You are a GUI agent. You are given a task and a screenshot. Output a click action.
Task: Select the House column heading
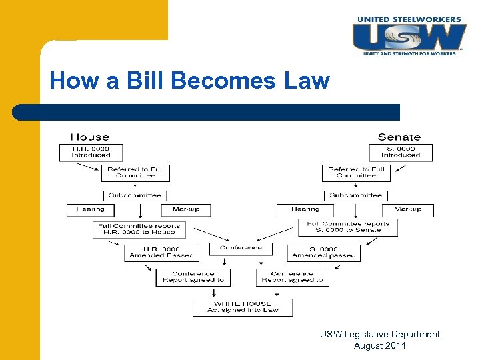coord(89,137)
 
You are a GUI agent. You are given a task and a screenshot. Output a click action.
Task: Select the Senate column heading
coord(399,137)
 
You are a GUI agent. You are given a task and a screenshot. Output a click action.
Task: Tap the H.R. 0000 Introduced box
coord(91,152)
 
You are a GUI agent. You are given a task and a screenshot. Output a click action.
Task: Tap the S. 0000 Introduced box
coord(401,152)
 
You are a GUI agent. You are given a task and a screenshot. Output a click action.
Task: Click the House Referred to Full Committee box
coord(135,173)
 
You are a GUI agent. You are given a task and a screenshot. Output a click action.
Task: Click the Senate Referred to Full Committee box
coord(357,173)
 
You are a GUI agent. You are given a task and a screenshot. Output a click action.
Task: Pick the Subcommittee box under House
coord(135,195)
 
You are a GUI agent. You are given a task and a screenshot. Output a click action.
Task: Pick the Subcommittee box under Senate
coord(356,195)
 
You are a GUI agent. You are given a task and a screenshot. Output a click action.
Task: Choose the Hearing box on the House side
coord(90,209)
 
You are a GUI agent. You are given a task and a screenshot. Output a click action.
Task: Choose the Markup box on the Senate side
coord(407,209)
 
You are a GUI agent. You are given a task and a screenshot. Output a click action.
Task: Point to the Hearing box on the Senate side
coord(305,209)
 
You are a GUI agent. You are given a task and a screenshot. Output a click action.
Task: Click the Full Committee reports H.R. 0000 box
coord(139,229)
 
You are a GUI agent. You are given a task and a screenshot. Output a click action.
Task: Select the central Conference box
coord(241,248)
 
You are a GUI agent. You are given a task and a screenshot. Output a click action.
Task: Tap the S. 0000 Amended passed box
coord(324,253)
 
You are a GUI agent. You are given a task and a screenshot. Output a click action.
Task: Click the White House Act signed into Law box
coord(243,307)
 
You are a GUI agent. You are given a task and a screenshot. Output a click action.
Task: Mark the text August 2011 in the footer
coord(379,345)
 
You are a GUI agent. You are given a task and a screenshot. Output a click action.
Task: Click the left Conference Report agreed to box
coord(193,277)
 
